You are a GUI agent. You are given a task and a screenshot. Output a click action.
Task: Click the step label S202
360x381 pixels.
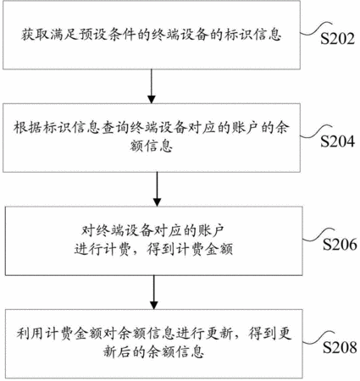click(x=337, y=39)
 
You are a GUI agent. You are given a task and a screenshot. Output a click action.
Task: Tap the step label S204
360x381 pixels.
click(x=337, y=141)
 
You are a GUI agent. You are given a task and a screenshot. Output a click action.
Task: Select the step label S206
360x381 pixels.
click(x=340, y=245)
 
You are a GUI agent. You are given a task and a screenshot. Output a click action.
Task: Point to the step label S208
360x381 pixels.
click(x=340, y=347)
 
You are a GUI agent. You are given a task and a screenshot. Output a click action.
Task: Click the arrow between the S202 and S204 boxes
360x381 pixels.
click(x=152, y=86)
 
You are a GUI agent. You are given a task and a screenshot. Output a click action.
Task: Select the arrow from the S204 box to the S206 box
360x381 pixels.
click(x=157, y=189)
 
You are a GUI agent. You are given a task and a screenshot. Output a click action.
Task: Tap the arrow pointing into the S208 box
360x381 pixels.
click(x=154, y=292)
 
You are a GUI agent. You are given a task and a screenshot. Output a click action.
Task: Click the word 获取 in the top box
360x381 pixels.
click(x=35, y=35)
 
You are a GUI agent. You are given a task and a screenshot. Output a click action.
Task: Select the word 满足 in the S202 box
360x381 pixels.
click(x=64, y=35)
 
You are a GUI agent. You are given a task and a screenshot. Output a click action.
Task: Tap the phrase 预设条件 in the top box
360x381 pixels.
click(x=108, y=35)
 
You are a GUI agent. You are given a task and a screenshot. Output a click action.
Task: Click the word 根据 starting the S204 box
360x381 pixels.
click(x=28, y=128)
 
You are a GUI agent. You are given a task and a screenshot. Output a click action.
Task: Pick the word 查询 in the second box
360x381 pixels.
click(x=114, y=128)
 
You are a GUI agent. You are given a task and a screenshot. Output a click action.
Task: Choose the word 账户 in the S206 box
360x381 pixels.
click(x=212, y=231)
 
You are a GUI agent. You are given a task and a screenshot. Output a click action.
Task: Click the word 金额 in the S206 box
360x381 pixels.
click(x=219, y=250)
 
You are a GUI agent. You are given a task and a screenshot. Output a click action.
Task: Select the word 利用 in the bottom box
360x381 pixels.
click(x=30, y=334)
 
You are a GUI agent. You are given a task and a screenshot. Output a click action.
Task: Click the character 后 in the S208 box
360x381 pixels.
click(x=125, y=352)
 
